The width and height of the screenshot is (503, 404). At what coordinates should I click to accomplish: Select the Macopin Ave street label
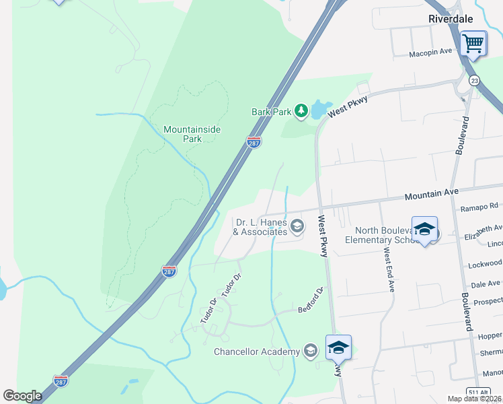click(430, 54)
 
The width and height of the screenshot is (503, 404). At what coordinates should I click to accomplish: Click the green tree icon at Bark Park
click(300, 110)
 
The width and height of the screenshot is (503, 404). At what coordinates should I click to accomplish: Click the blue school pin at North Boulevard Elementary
click(424, 230)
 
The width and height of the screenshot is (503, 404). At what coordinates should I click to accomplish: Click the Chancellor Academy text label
click(256, 351)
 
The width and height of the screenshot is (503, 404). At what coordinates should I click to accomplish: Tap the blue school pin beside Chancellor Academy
click(338, 347)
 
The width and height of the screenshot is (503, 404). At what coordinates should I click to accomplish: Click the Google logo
click(22, 396)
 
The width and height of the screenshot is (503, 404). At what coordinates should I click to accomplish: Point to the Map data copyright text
click(473, 399)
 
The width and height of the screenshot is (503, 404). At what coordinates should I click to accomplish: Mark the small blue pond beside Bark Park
click(321, 109)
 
